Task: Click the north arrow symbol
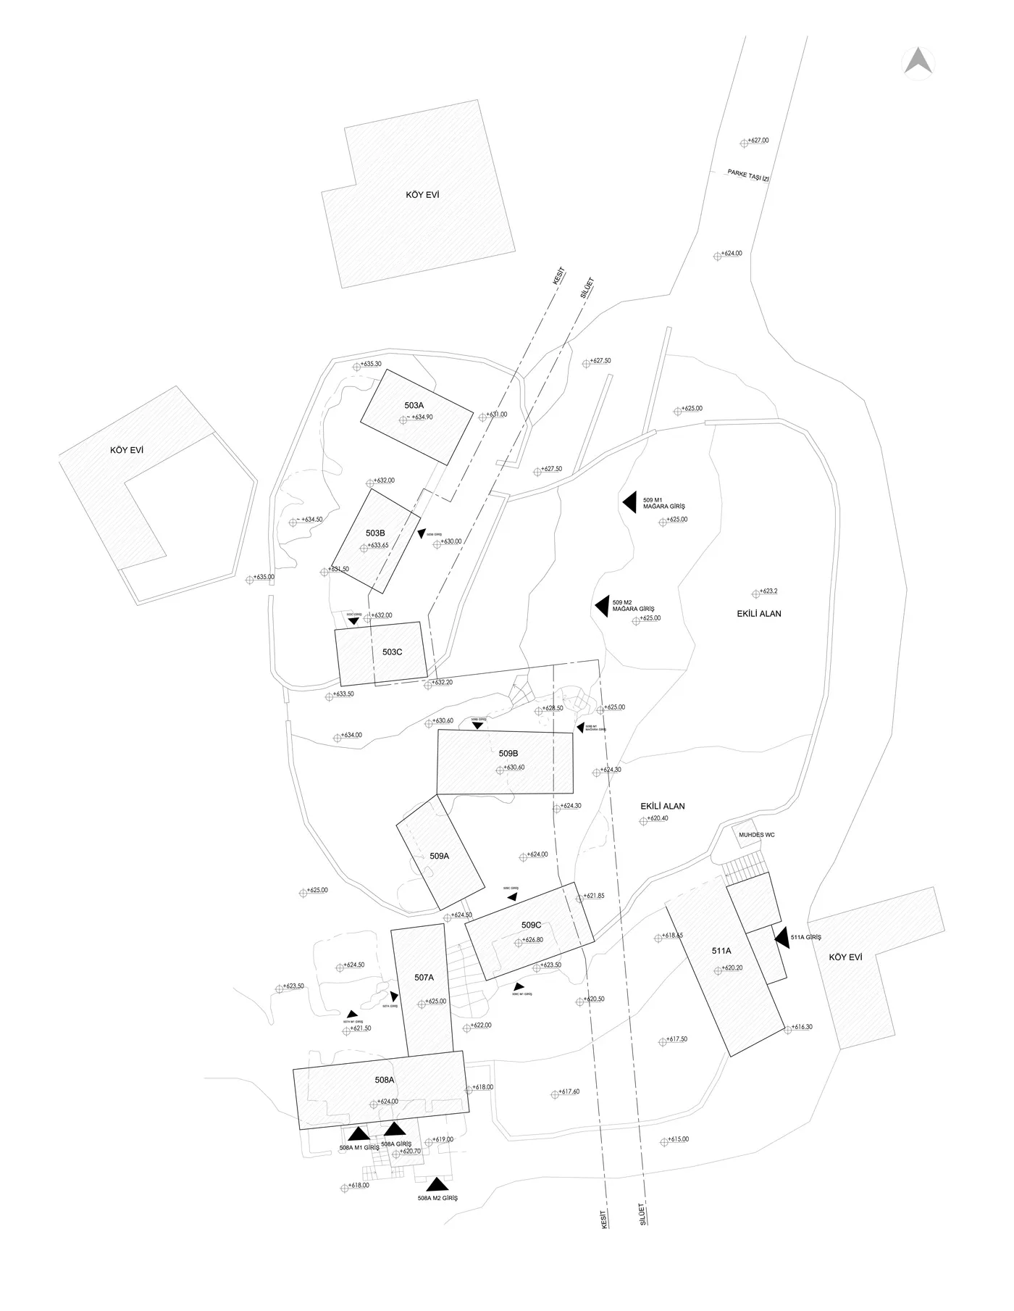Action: coord(918,62)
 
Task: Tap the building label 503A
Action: coord(414,405)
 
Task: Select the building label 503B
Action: coord(375,533)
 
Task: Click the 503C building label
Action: coord(392,652)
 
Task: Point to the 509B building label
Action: coord(508,754)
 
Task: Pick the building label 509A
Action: coord(439,856)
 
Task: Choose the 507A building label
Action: coord(424,978)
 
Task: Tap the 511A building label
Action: coord(721,951)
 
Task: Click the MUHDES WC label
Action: coord(756,836)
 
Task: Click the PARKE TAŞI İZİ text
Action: coord(748,175)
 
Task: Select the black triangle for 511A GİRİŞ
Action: coord(781,938)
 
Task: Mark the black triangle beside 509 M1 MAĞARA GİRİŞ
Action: coord(629,502)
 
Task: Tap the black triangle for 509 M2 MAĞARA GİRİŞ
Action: coord(601,606)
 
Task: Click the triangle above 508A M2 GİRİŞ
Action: coord(436,1186)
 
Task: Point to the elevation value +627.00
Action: coord(758,141)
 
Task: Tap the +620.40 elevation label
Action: coord(658,818)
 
